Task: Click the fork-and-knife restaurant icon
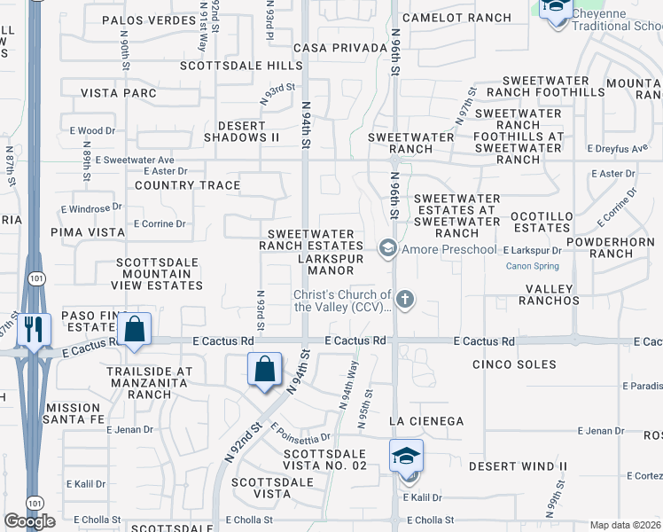(34, 329)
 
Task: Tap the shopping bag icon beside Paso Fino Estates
(134, 329)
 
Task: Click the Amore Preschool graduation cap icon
(386, 249)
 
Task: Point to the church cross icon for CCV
(405, 300)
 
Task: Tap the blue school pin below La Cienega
(406, 457)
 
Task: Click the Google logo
(30, 521)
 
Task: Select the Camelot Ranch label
(456, 18)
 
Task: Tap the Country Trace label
(187, 185)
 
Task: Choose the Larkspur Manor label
(325, 270)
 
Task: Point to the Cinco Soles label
(514, 364)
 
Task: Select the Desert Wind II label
(518, 466)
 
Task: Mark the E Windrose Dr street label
(91, 209)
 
